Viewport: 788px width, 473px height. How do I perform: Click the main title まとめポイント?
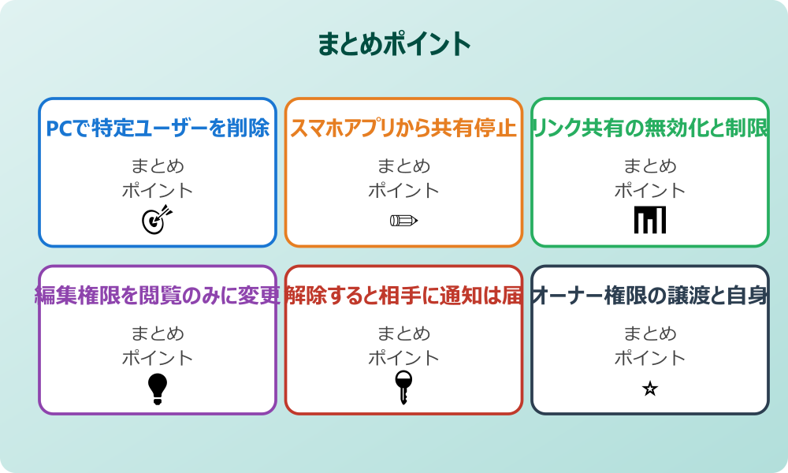point(394,43)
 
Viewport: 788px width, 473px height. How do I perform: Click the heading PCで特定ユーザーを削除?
point(158,128)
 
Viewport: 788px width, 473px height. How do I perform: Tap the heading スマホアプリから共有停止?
point(403,128)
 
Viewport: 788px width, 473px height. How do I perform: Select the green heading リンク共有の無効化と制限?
point(650,128)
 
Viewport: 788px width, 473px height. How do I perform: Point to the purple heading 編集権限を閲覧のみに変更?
point(158,296)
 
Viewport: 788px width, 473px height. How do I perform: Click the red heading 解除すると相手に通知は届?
point(403,296)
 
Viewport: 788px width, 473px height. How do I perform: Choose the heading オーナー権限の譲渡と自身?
point(650,296)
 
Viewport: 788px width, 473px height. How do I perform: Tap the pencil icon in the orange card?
point(403,220)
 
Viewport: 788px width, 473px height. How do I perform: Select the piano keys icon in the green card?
point(650,220)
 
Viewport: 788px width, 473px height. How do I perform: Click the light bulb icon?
point(158,389)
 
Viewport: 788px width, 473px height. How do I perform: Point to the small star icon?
point(650,389)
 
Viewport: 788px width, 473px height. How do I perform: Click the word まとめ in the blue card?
point(158,166)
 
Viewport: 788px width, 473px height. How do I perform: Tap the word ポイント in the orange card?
point(403,190)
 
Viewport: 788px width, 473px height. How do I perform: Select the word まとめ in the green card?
point(650,166)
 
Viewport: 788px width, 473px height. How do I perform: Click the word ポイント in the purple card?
point(158,358)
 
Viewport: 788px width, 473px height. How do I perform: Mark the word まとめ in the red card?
point(403,334)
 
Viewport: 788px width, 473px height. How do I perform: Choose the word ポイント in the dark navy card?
point(650,358)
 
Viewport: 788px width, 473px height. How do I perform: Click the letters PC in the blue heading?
point(59,128)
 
